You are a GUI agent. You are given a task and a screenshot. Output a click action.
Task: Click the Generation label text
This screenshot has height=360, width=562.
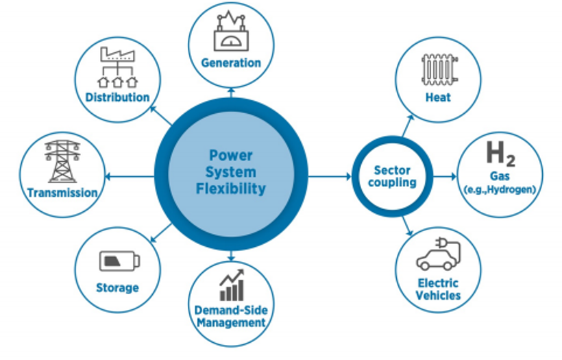point(231,63)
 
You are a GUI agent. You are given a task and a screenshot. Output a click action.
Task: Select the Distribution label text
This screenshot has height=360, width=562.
point(117,97)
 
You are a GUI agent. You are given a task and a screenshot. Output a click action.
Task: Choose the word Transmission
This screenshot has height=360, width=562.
point(62,193)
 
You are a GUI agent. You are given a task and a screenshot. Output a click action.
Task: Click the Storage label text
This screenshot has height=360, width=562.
point(117,287)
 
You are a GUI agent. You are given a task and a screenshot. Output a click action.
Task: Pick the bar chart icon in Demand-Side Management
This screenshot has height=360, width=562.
point(231,282)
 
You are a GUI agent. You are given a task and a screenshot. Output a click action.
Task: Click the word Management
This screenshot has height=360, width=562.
point(231,322)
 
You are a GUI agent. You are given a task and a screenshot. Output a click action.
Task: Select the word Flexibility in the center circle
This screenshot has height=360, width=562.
point(232,189)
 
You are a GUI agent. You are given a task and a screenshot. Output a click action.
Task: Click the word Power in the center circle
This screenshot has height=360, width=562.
point(232,155)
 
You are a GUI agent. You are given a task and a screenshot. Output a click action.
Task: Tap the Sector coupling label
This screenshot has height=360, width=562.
point(392,176)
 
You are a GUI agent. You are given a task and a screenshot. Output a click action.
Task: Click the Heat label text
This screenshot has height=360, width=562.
point(438,97)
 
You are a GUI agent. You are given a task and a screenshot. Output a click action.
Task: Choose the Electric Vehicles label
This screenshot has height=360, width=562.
point(439,289)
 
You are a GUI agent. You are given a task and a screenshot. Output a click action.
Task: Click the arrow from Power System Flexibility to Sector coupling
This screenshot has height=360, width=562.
point(329,177)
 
